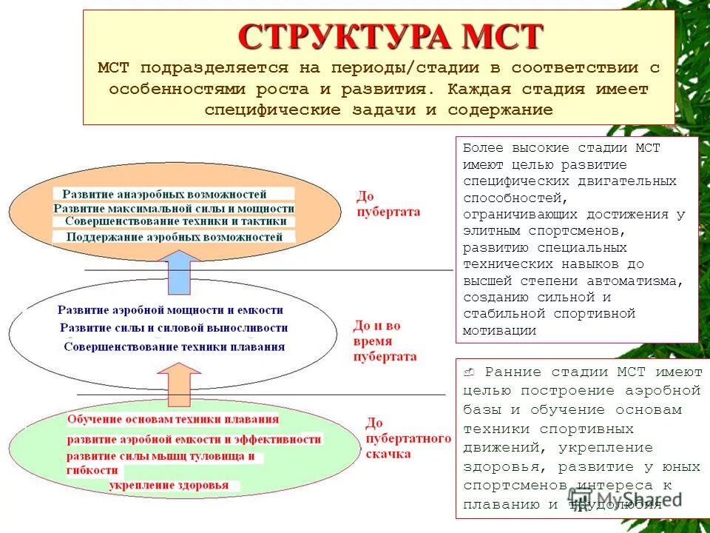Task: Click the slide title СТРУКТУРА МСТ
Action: pyautogui.click(x=390, y=36)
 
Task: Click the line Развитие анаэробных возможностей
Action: pyautogui.click(x=164, y=194)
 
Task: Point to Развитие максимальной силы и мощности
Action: pyautogui.click(x=174, y=208)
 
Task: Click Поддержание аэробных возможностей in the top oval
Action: pyautogui.click(x=175, y=237)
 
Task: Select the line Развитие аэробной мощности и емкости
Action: pyautogui.click(x=170, y=310)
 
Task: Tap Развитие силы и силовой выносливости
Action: pyautogui.click(x=174, y=328)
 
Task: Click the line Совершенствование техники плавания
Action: pyautogui.click(x=174, y=346)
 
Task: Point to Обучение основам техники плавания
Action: pyautogui.click(x=173, y=419)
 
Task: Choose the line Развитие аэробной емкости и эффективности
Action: pyautogui.click(x=194, y=439)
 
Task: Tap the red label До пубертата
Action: pyautogui.click(x=388, y=204)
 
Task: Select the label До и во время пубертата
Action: pyautogui.click(x=384, y=341)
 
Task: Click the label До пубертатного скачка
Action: pyautogui.click(x=408, y=438)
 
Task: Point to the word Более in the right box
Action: pyautogui.click(x=484, y=148)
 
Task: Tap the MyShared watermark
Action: pyautogui.click(x=628, y=498)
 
